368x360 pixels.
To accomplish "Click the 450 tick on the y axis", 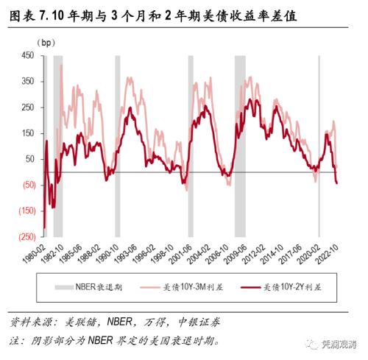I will tap(28, 55).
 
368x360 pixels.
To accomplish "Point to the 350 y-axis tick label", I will tap(28, 81).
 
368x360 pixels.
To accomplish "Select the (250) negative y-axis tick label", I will tap(26, 237).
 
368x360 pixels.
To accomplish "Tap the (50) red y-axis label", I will tap(28, 185).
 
